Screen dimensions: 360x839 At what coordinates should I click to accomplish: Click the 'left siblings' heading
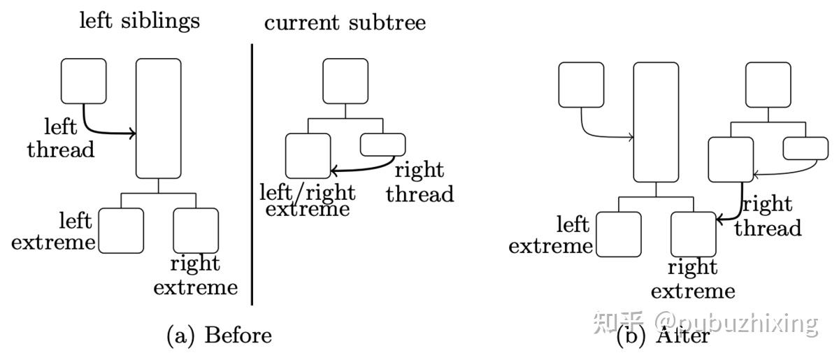pyautogui.click(x=139, y=20)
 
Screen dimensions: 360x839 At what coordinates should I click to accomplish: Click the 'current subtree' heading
pyautogui.click(x=345, y=22)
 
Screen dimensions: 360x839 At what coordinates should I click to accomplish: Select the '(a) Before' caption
pyautogui.click(x=219, y=336)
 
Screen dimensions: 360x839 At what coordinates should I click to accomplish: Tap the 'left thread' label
pyautogui.click(x=61, y=138)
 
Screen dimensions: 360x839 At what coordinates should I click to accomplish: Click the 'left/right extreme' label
pyautogui.click(x=308, y=200)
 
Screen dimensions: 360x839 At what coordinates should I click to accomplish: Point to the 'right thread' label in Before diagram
pyautogui.click(x=419, y=182)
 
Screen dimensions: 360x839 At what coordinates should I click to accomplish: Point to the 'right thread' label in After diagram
pyautogui.click(x=767, y=217)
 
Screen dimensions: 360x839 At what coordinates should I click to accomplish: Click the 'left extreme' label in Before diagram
pyautogui.click(x=54, y=232)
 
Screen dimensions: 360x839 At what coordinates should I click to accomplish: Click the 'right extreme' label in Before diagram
pyautogui.click(x=196, y=275)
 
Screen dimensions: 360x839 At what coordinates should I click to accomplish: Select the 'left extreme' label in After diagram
pyautogui.click(x=551, y=236)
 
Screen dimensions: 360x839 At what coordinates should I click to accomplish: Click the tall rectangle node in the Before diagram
pyautogui.click(x=158, y=118)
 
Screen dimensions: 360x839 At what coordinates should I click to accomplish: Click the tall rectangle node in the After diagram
pyautogui.click(x=656, y=122)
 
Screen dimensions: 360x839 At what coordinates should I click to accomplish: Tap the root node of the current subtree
pyautogui.click(x=345, y=81)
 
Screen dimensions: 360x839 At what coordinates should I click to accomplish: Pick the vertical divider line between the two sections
pyautogui.click(x=252, y=175)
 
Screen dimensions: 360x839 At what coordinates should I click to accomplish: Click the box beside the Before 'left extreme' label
pyautogui.click(x=121, y=230)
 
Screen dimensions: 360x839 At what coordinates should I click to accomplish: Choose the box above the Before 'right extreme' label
pyautogui.click(x=196, y=230)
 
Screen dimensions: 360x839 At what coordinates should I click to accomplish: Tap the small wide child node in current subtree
pyautogui.click(x=382, y=145)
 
